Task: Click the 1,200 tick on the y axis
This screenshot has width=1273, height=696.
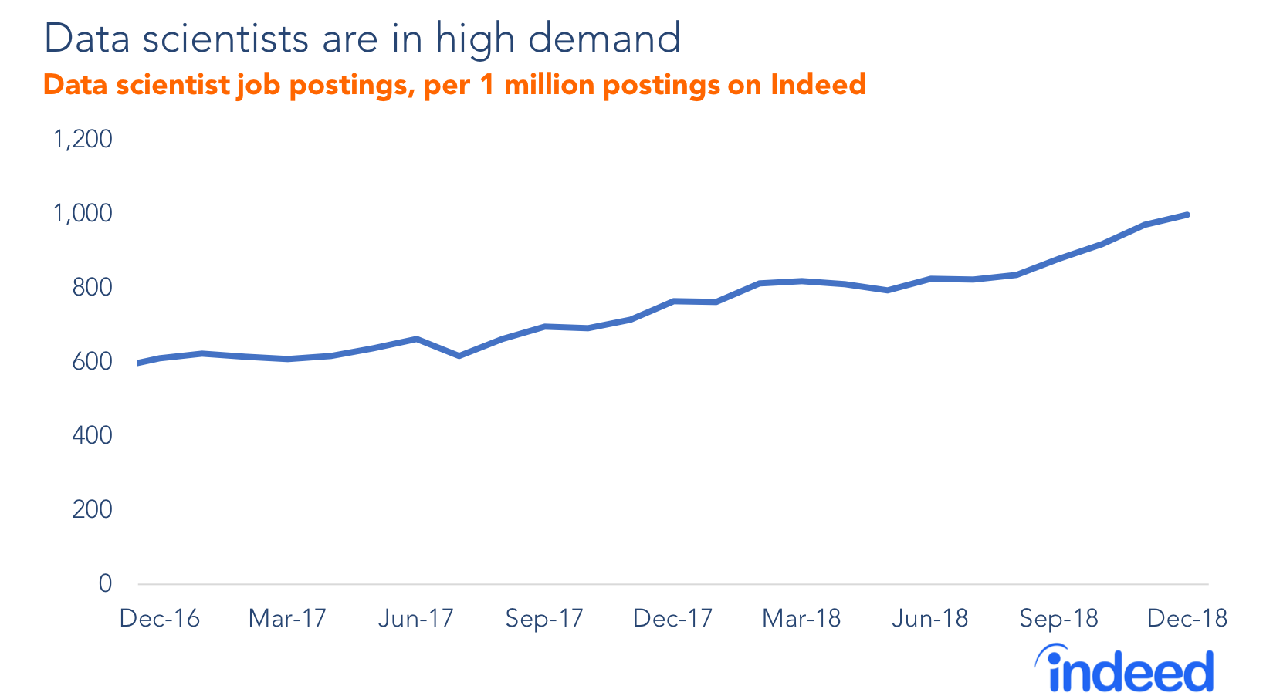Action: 82,140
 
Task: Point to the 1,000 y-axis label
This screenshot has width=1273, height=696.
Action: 82,214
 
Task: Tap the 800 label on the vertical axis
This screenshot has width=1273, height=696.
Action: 92,288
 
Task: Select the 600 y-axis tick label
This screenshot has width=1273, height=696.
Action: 92,362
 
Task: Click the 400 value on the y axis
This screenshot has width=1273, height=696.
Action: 92,436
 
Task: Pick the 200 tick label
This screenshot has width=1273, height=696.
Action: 92,510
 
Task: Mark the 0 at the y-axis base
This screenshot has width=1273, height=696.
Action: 105,584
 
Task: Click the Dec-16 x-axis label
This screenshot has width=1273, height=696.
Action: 159,619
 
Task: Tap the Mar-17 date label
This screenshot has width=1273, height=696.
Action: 287,619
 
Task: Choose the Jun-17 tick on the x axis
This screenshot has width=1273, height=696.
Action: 415,619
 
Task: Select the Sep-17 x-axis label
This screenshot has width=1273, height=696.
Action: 544,619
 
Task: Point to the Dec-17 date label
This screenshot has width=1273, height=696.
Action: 672,619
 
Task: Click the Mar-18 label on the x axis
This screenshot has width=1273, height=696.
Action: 801,619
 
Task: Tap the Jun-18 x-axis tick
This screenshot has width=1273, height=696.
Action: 929,619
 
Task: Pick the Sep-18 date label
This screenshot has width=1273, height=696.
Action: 1058,619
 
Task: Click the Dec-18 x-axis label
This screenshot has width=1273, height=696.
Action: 1187,619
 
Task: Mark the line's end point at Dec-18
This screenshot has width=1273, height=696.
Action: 1187,215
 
